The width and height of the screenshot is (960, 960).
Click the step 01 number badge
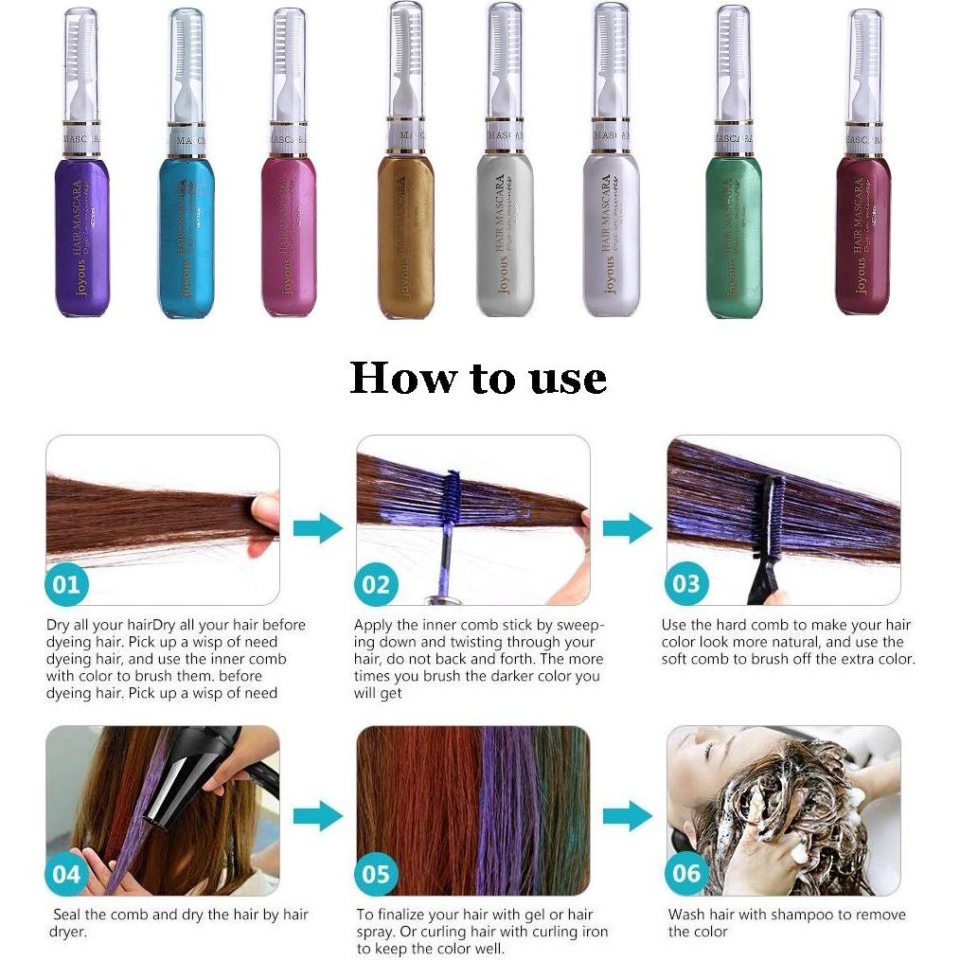tap(66, 584)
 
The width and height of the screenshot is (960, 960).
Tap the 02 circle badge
tap(376, 584)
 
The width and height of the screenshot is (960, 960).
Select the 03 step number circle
tap(685, 584)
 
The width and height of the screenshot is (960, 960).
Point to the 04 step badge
tap(66, 873)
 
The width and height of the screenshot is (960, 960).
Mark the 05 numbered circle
tap(376, 873)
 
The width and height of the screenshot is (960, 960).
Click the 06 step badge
tap(685, 873)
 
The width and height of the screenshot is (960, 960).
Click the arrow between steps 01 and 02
tap(317, 527)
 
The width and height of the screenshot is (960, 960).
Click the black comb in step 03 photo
tap(770, 540)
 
